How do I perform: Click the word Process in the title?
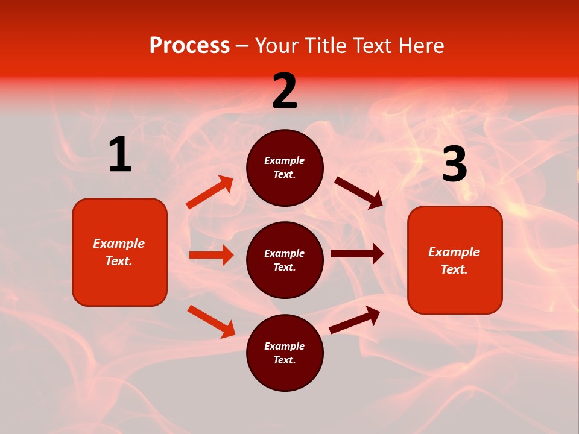click(x=189, y=46)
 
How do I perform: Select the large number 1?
click(x=120, y=155)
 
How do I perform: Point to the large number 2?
click(x=285, y=91)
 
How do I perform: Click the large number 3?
click(x=454, y=165)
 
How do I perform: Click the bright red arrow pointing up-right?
click(x=209, y=192)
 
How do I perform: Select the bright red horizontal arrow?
click(x=211, y=255)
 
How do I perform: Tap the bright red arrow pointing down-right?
click(x=211, y=321)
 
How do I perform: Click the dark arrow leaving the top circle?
click(x=358, y=193)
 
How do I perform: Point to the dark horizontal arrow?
click(x=357, y=254)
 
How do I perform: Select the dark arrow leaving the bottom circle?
click(x=355, y=320)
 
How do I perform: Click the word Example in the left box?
click(x=119, y=244)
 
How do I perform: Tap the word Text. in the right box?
click(x=454, y=269)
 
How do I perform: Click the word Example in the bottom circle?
click(x=285, y=346)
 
